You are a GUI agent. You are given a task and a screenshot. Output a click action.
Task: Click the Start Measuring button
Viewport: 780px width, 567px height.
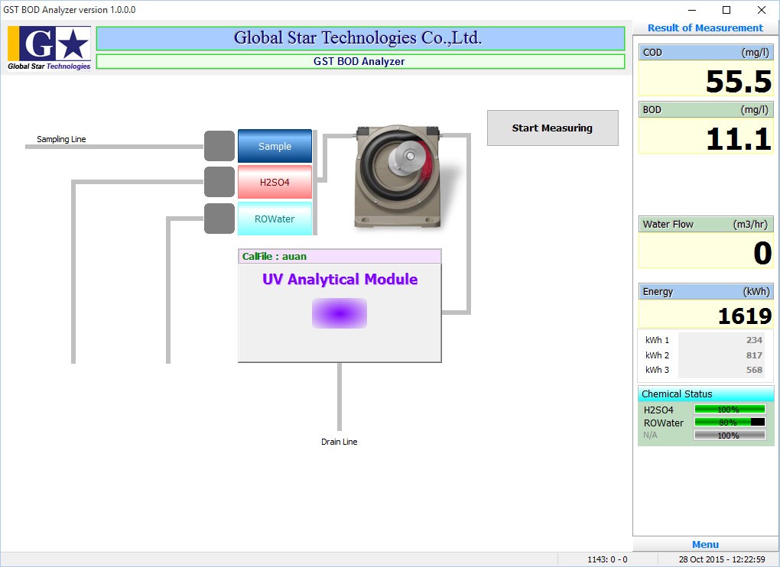click(553, 128)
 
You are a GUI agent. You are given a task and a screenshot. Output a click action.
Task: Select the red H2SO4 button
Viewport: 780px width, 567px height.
click(275, 183)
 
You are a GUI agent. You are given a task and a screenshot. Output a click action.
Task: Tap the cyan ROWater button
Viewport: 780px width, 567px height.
click(275, 219)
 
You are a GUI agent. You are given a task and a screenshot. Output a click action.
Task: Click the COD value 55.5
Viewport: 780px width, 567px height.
click(739, 82)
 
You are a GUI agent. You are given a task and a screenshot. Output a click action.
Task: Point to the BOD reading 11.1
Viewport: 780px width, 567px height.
click(739, 138)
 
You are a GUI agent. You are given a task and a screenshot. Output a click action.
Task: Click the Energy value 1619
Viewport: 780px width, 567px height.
click(745, 316)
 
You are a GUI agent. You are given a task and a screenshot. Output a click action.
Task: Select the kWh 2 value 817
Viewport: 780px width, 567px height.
click(754, 355)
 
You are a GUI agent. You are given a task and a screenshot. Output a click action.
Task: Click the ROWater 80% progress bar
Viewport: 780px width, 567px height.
click(730, 423)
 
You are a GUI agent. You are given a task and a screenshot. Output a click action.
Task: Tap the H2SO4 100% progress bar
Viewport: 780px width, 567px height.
click(730, 410)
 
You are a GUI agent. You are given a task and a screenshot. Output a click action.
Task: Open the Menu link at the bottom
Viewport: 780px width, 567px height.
click(705, 545)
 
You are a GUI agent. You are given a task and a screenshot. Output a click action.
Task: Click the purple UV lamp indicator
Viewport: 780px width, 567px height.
click(340, 313)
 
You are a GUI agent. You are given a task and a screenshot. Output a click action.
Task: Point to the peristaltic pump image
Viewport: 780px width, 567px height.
click(398, 176)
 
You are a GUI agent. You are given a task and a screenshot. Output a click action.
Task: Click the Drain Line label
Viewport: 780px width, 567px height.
click(340, 442)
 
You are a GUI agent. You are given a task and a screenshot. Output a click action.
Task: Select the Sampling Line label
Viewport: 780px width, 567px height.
click(61, 139)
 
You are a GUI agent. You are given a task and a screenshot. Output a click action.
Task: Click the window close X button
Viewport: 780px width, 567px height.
click(761, 10)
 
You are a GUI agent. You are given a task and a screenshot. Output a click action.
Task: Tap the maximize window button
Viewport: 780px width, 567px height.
click(726, 10)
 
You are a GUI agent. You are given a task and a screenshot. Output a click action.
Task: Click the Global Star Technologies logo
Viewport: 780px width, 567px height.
click(49, 48)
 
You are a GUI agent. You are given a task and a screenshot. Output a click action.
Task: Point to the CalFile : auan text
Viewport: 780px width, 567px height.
click(274, 257)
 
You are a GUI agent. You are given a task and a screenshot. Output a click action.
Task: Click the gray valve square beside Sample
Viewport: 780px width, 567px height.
click(219, 146)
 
